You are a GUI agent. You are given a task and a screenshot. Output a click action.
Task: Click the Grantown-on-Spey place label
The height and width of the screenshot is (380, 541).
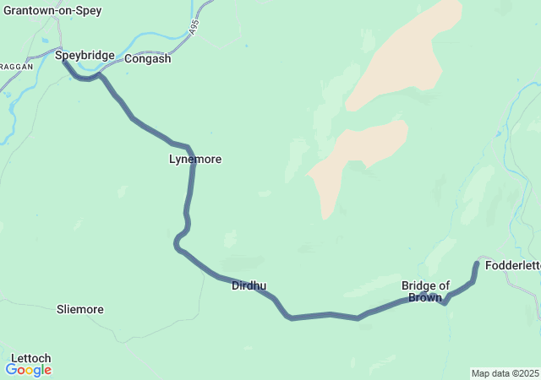pyautogui.click(x=52, y=11)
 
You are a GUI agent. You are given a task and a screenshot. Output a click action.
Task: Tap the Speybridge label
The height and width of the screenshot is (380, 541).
pyautogui.click(x=85, y=56)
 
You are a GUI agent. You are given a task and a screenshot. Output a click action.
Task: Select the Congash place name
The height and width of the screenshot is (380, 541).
pyautogui.click(x=148, y=59)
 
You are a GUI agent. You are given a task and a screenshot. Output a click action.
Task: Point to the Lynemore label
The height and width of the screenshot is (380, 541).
pyautogui.click(x=195, y=159)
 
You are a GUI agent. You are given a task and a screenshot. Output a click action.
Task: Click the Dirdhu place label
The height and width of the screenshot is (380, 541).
pyautogui.click(x=249, y=285)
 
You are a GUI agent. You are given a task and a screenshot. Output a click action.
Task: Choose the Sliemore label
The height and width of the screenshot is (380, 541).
pyautogui.click(x=79, y=309)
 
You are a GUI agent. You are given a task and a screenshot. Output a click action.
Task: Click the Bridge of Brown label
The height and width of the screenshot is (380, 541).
pyautogui.click(x=425, y=291)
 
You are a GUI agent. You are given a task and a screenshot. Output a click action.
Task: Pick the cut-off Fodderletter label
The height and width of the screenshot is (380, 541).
pyautogui.click(x=512, y=265)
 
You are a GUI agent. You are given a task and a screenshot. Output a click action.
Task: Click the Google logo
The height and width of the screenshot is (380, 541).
pyautogui.click(x=28, y=370)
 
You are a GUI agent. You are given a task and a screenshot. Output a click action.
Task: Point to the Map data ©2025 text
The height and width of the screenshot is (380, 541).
pyautogui.click(x=504, y=373)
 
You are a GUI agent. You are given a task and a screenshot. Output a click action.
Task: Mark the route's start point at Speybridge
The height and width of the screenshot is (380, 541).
pyautogui.click(x=64, y=61)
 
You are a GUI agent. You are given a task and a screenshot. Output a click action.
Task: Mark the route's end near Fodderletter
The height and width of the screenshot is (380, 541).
pyautogui.click(x=477, y=263)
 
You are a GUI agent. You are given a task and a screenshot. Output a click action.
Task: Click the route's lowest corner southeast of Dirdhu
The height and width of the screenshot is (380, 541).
pyautogui.click(x=291, y=318)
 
